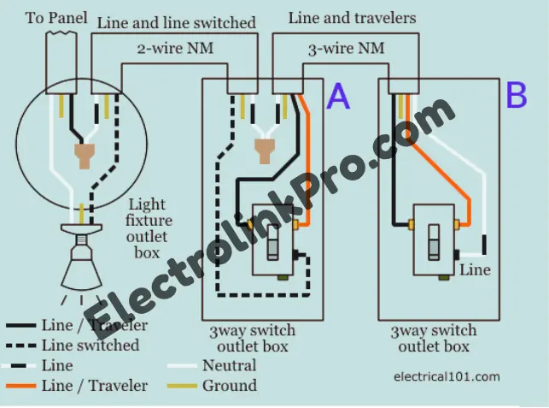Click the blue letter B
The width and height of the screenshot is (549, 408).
517,96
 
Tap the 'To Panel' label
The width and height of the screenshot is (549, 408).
55,17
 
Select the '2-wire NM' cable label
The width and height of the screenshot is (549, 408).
175,48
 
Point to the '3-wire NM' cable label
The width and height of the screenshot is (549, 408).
343,50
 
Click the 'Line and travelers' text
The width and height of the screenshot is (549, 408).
352,17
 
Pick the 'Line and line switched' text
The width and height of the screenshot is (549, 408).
176,23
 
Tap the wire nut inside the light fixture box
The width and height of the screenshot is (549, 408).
84,156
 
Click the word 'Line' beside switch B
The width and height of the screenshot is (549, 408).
475,269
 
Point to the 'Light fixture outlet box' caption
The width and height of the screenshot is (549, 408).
148,228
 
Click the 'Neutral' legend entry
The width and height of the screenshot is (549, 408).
229,366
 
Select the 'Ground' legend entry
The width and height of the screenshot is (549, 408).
229,386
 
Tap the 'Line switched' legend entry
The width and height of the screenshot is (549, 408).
90,346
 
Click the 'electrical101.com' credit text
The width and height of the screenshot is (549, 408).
447,375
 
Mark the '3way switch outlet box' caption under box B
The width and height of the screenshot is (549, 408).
434,339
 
